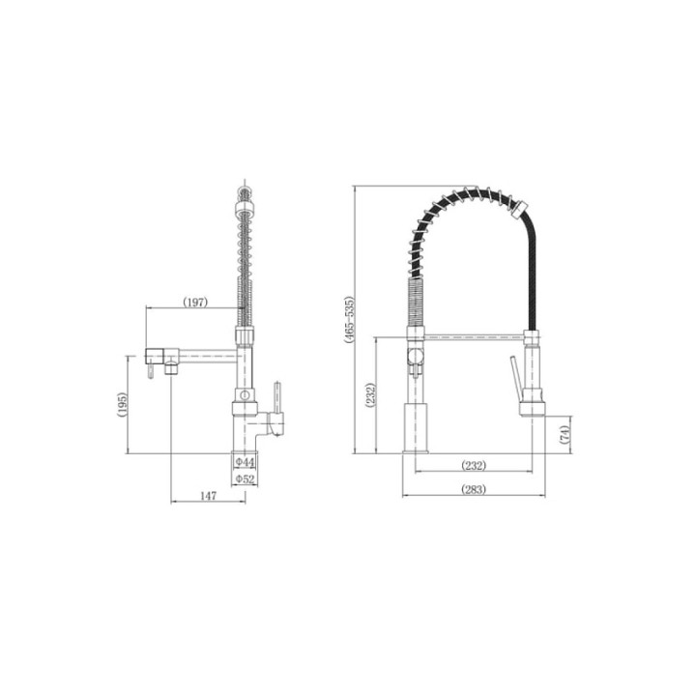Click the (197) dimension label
195,303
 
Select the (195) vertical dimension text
122,404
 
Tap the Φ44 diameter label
245,462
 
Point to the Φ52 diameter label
245,478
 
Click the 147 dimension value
208,495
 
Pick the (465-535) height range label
350,320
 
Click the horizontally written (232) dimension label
474,466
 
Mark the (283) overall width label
474,489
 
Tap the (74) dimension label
565,434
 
